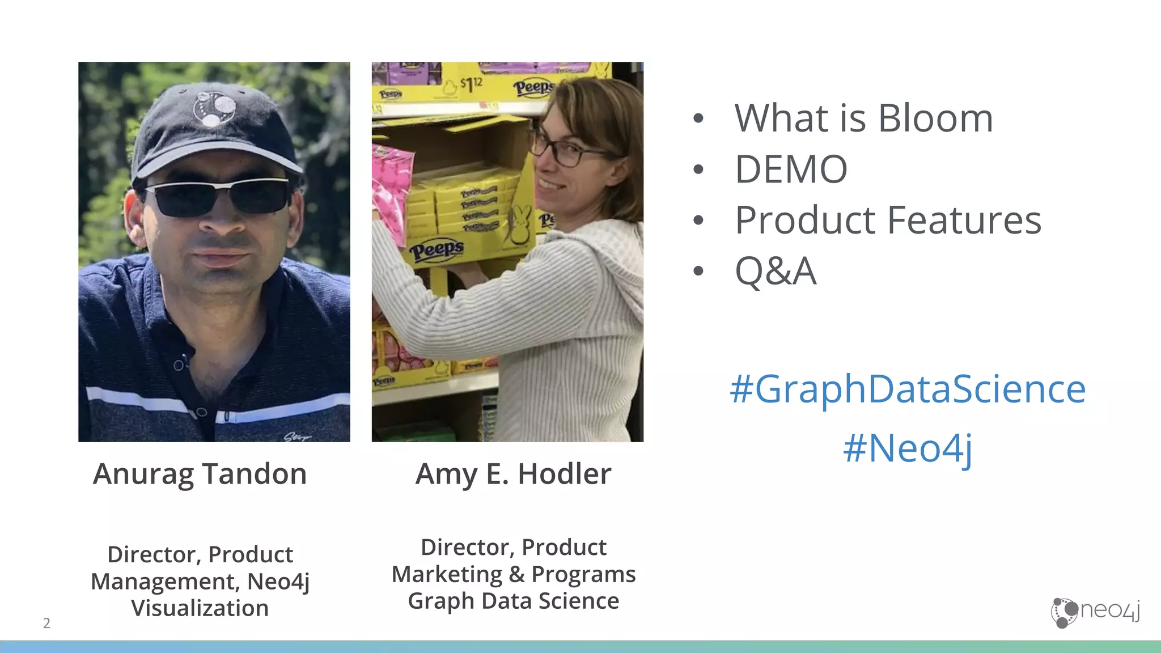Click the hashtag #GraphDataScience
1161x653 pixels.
908,389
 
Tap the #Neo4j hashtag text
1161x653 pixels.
908,448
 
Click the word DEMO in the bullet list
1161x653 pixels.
791,169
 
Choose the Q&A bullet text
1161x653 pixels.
776,271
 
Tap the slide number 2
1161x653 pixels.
46,623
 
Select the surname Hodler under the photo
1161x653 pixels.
565,474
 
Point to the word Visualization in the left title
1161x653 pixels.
200,608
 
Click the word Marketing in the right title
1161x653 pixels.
447,574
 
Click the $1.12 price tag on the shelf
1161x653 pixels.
471,85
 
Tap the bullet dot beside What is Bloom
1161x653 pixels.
698,118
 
